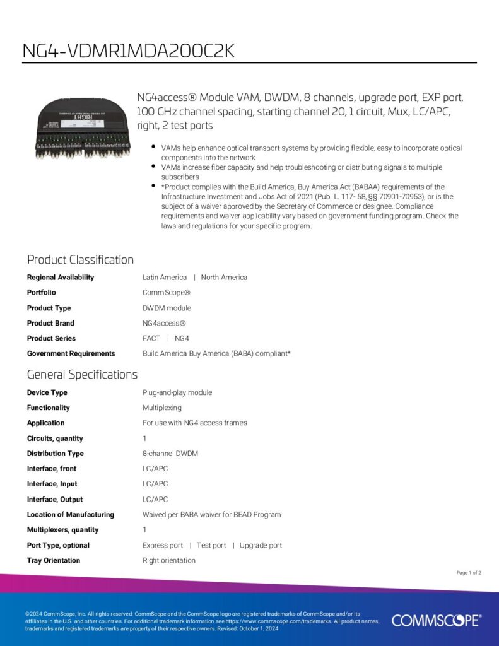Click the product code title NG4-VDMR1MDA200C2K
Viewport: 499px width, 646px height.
(x=129, y=50)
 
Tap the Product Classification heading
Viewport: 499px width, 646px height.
(x=80, y=259)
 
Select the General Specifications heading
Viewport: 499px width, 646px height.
(x=82, y=374)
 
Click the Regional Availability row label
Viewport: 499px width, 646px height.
(x=61, y=278)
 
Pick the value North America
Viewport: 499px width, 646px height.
(x=224, y=278)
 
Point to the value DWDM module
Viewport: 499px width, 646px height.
(x=167, y=308)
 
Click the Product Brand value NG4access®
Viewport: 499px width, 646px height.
(x=164, y=323)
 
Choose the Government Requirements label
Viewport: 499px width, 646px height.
(x=71, y=354)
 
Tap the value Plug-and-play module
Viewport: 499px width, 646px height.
(x=177, y=392)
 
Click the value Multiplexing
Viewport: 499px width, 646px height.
(x=162, y=408)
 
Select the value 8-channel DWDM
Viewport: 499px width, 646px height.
(x=171, y=454)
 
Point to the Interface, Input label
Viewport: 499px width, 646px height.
(x=52, y=484)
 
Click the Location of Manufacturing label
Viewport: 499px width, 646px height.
(x=71, y=515)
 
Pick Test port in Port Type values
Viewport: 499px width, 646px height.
(x=211, y=545)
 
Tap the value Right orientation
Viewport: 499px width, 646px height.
(x=169, y=560)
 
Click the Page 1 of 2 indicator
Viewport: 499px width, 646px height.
(x=469, y=573)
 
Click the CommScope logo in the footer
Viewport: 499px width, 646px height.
(x=436, y=621)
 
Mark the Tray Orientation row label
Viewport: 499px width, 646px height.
(x=54, y=560)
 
